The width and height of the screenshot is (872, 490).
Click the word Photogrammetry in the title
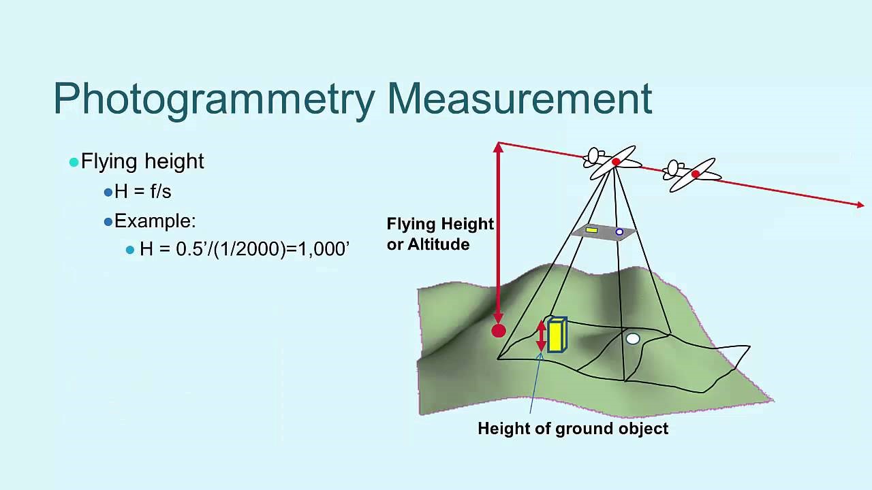click(x=214, y=99)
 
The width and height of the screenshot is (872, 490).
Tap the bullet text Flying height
click(x=142, y=161)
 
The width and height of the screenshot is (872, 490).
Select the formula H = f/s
click(x=142, y=192)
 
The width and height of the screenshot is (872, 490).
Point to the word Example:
click(x=155, y=221)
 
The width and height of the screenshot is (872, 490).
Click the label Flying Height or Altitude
click(x=439, y=234)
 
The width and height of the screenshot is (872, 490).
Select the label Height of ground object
click(x=573, y=429)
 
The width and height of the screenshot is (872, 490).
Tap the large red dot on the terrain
click(x=499, y=331)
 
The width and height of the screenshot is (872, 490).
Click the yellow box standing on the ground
click(x=556, y=336)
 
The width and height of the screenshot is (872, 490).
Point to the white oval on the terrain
click(x=633, y=338)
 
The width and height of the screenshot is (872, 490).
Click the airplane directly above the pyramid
click(x=613, y=162)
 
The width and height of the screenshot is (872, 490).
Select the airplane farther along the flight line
click(x=691, y=175)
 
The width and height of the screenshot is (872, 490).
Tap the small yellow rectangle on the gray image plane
click(x=591, y=230)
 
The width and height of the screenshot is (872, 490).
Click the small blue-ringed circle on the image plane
click(x=619, y=232)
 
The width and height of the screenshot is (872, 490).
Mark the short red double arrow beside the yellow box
click(x=542, y=336)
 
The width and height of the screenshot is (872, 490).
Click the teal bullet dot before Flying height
click(x=74, y=162)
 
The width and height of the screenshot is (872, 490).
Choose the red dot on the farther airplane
click(x=696, y=174)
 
